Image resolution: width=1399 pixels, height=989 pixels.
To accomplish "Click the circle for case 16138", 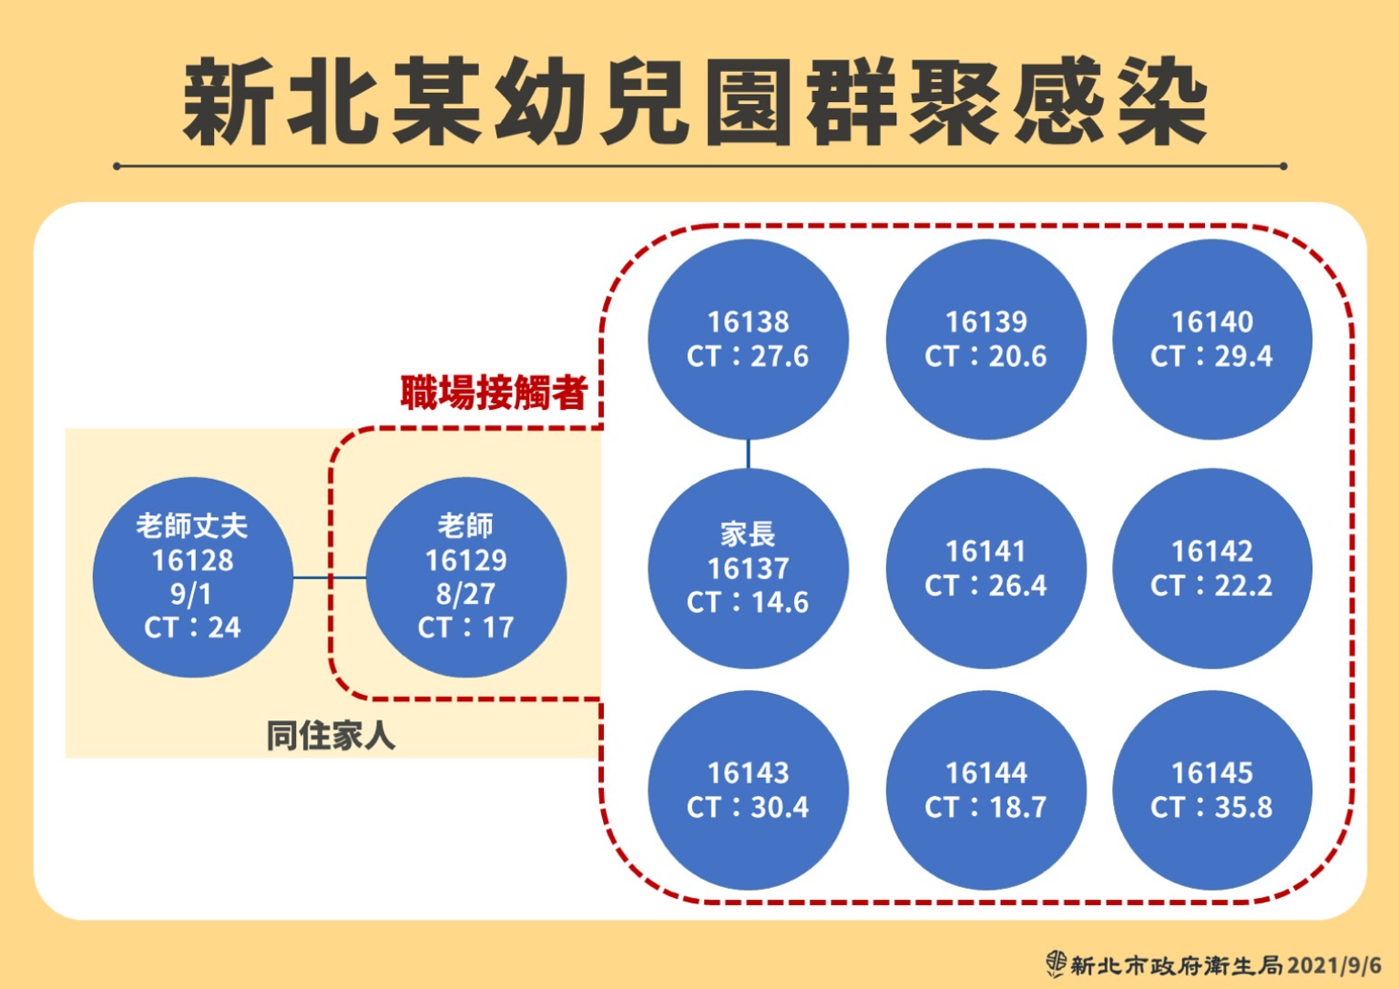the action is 748,340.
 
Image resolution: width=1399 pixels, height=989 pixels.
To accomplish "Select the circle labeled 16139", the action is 986,340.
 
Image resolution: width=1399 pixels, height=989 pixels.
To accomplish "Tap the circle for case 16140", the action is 1212,340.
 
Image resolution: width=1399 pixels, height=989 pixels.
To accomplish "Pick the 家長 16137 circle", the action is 748,569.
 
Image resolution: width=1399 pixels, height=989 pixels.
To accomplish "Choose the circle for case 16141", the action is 986,569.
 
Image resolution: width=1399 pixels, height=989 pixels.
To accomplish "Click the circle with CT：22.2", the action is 1212,569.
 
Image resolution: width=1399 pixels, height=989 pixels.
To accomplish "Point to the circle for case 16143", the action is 748,790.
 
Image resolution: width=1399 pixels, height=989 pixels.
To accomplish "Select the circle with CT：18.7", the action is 986,790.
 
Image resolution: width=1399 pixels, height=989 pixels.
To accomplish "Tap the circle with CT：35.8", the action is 1212,790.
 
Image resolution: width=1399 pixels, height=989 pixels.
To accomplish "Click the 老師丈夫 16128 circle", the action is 193,577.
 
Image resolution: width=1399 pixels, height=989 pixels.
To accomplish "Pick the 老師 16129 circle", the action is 466,577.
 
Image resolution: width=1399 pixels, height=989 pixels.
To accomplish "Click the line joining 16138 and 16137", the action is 748,454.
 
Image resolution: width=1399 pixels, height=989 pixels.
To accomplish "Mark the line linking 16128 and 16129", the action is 330,577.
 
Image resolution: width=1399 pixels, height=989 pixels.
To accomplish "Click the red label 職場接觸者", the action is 494,393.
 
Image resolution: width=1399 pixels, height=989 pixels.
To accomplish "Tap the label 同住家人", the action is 331,736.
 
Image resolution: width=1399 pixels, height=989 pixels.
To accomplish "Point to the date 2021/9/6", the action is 1334,966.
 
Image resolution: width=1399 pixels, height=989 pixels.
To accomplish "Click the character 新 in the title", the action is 228,102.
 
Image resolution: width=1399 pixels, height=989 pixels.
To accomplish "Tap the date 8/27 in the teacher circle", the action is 466,595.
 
